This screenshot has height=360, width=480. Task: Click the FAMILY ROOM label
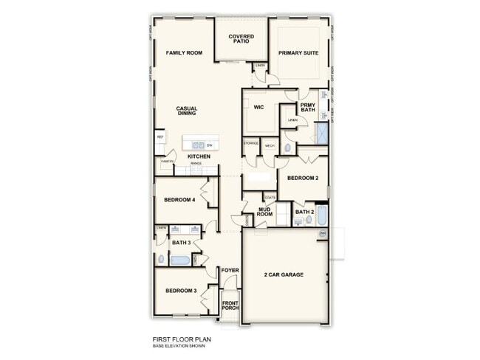184,53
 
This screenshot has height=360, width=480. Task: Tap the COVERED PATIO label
241,38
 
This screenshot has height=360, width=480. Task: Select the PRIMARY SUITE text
298,53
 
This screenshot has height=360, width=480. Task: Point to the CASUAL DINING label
186,111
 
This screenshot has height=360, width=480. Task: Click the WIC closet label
258,107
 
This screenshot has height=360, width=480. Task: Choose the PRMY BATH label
307,108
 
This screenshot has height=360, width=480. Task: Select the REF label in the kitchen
160,137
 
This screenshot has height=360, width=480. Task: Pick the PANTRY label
167,161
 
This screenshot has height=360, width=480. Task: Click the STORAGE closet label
251,142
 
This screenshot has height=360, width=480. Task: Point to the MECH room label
270,146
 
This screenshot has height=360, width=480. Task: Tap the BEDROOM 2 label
302,179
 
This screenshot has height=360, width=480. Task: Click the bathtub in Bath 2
322,219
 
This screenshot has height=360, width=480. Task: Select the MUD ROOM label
266,212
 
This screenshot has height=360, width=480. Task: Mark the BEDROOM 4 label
179,200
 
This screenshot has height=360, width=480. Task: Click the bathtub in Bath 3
179,259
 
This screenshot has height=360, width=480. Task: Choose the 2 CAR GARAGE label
284,274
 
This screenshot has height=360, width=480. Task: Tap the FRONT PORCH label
230,304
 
